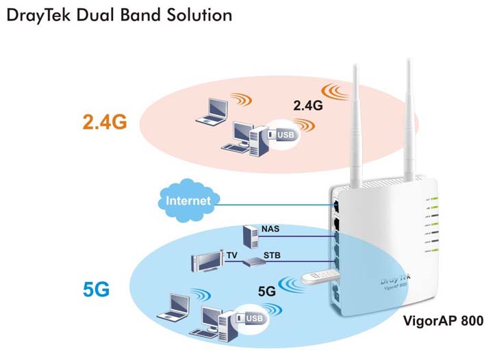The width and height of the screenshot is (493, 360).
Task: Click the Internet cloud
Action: coord(185,201)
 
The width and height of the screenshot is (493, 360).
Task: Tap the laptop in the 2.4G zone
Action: coord(213,112)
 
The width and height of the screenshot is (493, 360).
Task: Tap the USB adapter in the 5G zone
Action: coord(250,319)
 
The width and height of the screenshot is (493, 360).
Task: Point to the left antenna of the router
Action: coord(357,123)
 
